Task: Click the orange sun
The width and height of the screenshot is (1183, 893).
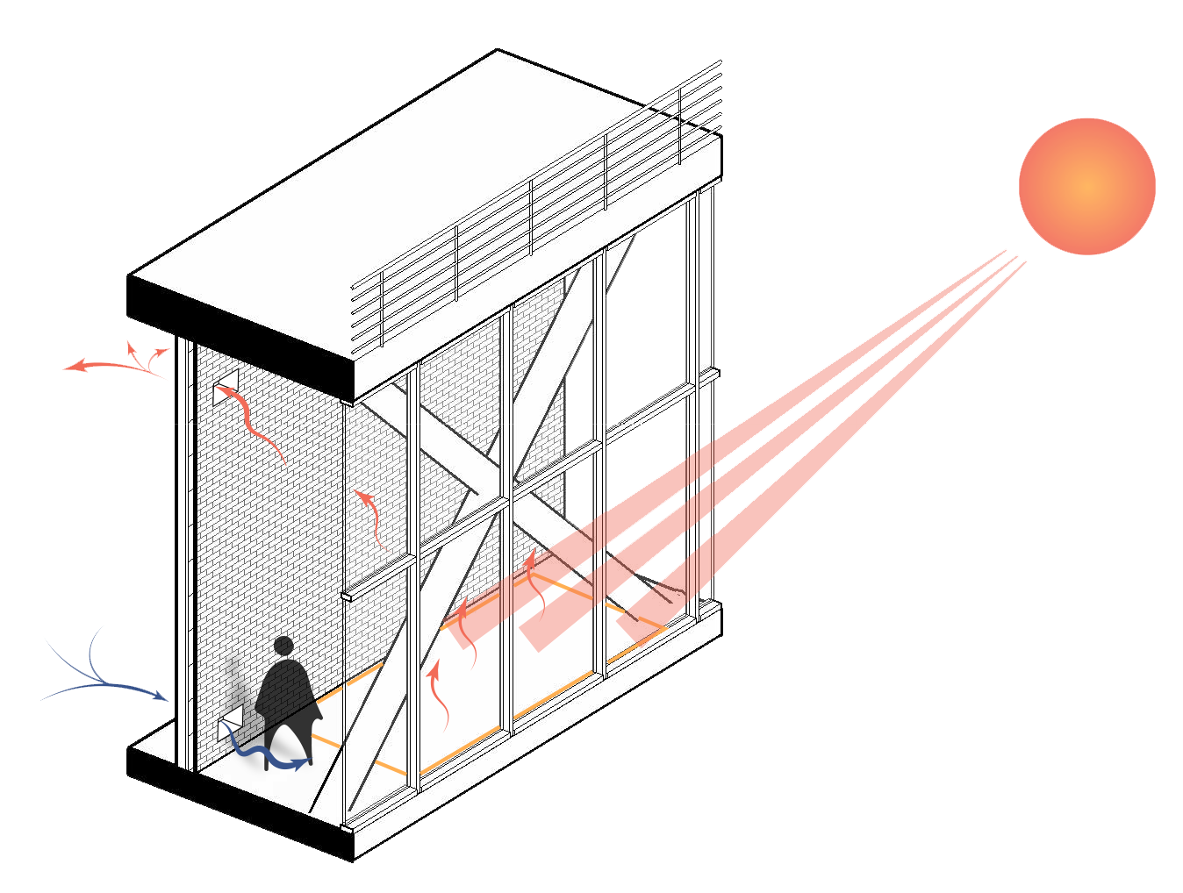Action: (1086, 186)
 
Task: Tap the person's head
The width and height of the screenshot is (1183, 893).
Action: (283, 647)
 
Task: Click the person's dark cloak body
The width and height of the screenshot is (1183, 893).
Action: (288, 697)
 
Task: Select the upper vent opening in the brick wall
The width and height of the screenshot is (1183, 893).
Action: (226, 386)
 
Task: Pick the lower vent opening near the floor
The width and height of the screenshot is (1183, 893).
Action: (230, 727)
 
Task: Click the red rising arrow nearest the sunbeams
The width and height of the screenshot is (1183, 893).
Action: (535, 583)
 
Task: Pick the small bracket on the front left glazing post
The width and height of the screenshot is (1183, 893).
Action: (347, 597)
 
